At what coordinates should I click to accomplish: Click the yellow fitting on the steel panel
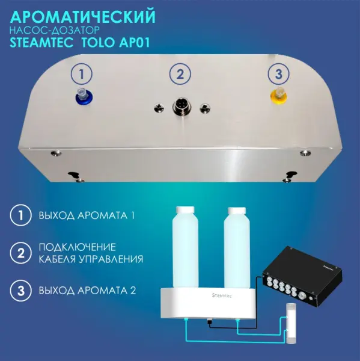pos(278,94)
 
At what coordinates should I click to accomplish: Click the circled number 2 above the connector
pos(179,75)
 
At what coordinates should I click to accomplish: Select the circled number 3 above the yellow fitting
pos(278,75)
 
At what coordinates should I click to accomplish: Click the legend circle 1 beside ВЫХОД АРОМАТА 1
pos(20,215)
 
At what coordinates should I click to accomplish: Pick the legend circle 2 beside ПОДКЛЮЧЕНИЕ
pos(20,253)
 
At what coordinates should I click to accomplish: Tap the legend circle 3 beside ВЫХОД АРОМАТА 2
pos(20,291)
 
